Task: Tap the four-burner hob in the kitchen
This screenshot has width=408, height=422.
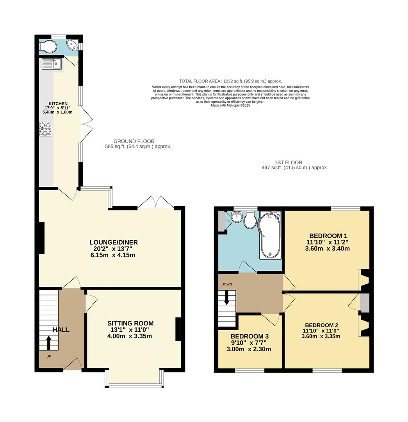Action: point(45,129)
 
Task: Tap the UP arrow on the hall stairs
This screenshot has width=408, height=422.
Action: point(49,343)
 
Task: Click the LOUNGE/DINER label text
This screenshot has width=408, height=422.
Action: point(114,242)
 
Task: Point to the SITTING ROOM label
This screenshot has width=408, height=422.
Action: point(130,323)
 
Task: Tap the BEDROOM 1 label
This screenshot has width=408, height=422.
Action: point(328,236)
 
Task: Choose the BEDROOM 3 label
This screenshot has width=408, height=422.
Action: point(249,336)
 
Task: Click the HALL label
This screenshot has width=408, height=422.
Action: point(61,330)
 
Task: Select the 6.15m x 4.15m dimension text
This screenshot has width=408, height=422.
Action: point(114,255)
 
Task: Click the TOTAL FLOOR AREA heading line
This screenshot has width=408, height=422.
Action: point(230,81)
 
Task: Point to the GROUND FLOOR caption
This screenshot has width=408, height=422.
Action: point(134,141)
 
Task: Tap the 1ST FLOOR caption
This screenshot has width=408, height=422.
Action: point(288,162)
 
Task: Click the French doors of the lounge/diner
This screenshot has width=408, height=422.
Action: point(156,202)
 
